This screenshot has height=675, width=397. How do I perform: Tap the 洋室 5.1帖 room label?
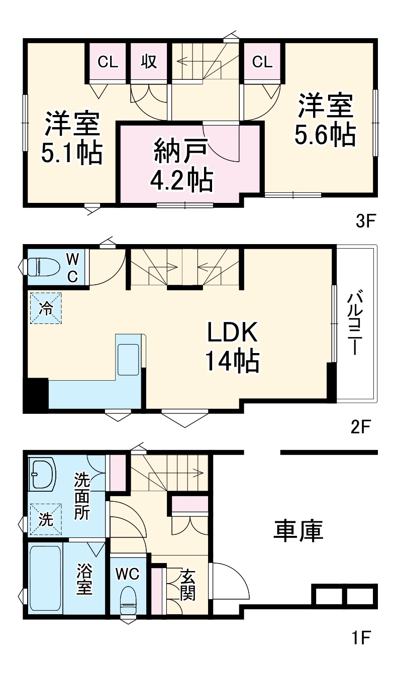tap(72, 138)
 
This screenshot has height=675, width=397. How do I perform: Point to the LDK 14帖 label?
tap(232, 347)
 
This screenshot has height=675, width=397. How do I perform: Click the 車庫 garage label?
tap(298, 531)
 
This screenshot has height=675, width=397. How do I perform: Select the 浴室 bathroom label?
tap(84, 579)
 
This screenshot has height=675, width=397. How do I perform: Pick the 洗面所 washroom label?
tap(81, 495)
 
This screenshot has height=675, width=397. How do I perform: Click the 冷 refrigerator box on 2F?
tap(45, 308)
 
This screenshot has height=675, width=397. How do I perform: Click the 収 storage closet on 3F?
tap(148, 62)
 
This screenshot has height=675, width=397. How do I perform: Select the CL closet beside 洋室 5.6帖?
tap(262, 62)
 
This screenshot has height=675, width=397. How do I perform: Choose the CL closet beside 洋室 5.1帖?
tap(108, 62)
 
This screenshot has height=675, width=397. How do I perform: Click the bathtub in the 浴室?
tap(45, 579)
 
